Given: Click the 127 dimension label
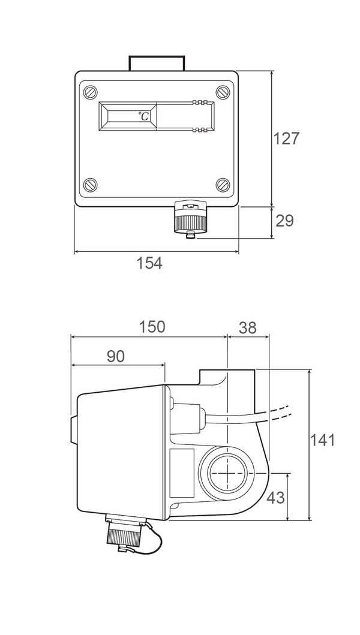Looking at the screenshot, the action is coord(286,139).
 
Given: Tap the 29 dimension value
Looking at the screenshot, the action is coord(284,221).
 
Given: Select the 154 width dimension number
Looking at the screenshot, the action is coord(149,263).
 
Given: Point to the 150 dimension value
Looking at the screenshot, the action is coord(152,327).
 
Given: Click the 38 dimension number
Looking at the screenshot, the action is coord(248,328).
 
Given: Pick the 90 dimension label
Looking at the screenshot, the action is coord(116,356).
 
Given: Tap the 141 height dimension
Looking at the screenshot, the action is coord(323,440).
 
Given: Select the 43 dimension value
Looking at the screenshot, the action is coord(275,498).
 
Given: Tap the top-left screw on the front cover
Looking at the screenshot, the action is coord(91,92).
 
